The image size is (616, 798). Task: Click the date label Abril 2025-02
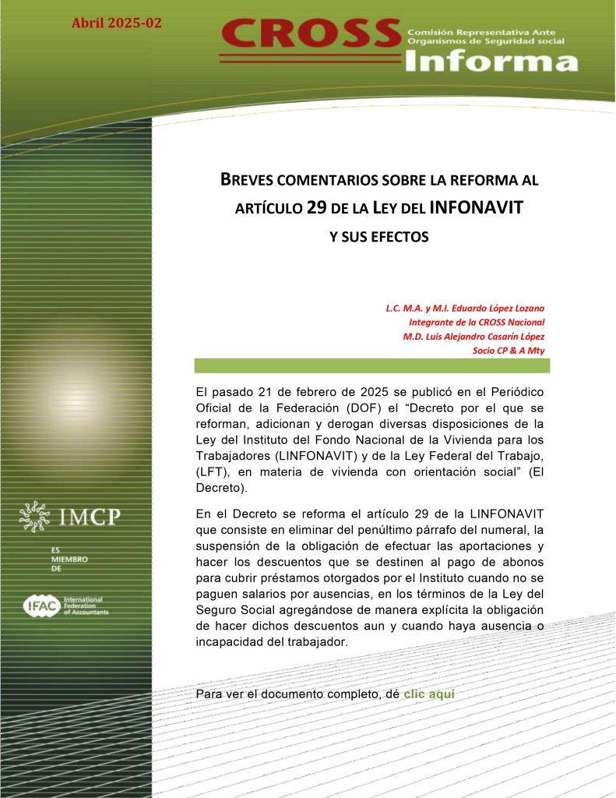pyautogui.click(x=117, y=23)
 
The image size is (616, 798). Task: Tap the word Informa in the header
pyautogui.click(x=492, y=61)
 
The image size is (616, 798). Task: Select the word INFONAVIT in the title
pyautogui.click(x=476, y=208)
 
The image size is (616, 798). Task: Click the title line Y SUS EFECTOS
pyautogui.click(x=379, y=236)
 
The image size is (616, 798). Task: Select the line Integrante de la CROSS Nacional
pyautogui.click(x=477, y=322)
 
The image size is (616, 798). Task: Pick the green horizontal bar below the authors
pyautogui.click(x=371, y=365)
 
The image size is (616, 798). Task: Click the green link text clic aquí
pyautogui.click(x=428, y=693)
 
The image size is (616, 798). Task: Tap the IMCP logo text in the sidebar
pyautogui.click(x=92, y=515)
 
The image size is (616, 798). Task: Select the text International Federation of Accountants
pyautogui.click(x=86, y=606)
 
